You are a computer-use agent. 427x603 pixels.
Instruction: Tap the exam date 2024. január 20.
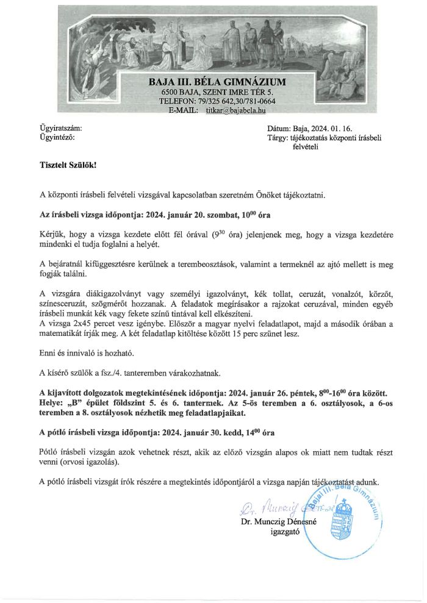pos(186,215)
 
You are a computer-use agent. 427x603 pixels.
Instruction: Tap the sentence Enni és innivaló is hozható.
pos(82,352)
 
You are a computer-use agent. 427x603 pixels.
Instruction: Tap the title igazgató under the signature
pos(283,532)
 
